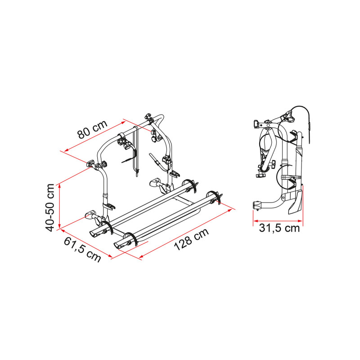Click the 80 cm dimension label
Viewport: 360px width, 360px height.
pyautogui.click(x=93, y=130)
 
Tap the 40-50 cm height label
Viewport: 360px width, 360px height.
pyautogui.click(x=50, y=207)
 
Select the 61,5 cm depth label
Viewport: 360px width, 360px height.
pyautogui.click(x=82, y=250)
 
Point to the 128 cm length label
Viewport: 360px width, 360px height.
pyautogui.click(x=191, y=239)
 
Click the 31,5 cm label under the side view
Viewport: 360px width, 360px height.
pyautogui.click(x=279, y=228)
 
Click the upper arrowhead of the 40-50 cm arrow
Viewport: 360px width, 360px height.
pyautogui.click(x=59, y=186)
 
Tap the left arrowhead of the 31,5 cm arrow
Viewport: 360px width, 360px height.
pyautogui.click(x=255, y=221)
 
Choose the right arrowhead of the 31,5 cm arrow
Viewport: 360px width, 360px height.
pyautogui.click(x=300, y=221)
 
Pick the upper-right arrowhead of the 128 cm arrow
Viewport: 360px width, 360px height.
pyautogui.click(x=230, y=210)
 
